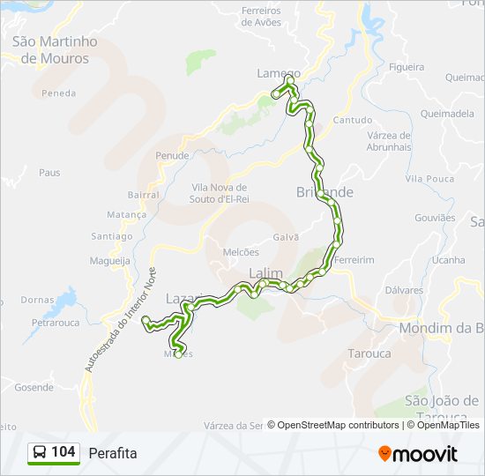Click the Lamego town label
278,74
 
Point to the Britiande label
325,192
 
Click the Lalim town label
265,273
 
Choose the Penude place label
172,155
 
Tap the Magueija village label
110,260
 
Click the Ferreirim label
354,260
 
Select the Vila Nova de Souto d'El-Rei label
220,193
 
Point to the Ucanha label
448,260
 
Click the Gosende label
34,387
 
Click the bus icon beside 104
40,453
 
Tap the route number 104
63,452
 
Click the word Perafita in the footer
113,453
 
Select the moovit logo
418,453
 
